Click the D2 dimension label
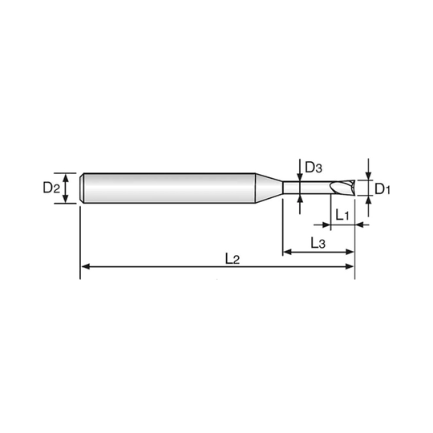pos(51,188)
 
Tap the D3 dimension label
pos(314,167)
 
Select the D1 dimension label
pos(382,189)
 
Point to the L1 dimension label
pos(342,215)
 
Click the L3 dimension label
pos(318,243)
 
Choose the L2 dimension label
pos(233,259)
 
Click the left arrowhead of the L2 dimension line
pos(86,266)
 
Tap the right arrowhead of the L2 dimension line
pos(350,266)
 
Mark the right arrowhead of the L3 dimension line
pos(350,252)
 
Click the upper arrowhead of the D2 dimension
pos(66,177)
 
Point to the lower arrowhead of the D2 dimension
pos(66,199)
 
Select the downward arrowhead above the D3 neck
pos(300,177)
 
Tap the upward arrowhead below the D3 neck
pos(300,199)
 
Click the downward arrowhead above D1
pos(368,176)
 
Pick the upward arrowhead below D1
pos(368,200)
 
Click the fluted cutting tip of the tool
pos(342,188)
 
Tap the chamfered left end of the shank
pos(82,188)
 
